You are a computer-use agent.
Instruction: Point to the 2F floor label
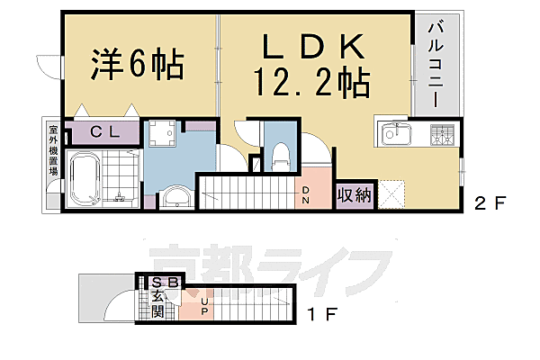point(490,202)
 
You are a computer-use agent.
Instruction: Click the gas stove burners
point(441,135)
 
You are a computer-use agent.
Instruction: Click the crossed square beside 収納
point(391,194)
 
